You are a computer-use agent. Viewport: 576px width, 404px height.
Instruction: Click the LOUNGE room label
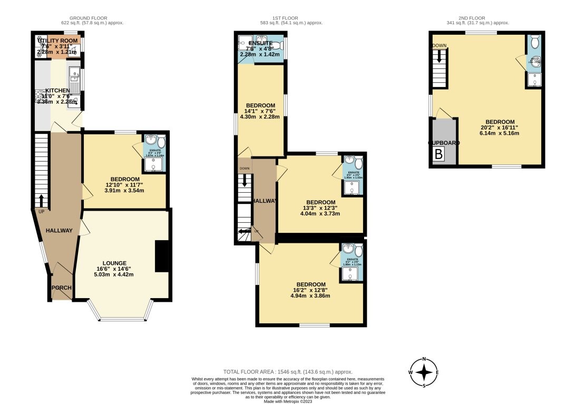[x=114, y=263]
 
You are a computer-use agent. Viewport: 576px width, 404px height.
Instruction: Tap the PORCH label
[x=61, y=288]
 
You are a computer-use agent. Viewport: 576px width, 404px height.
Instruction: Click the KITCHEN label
[x=57, y=91]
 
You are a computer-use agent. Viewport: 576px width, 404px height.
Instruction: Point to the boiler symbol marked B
[x=438, y=154]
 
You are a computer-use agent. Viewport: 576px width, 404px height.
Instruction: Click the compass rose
[x=424, y=372]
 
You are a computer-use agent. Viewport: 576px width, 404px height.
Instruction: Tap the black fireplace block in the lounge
[x=162, y=256]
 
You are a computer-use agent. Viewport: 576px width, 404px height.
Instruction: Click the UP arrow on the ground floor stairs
[x=41, y=201]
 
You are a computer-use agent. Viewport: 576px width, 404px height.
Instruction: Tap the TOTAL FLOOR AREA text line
[x=287, y=372]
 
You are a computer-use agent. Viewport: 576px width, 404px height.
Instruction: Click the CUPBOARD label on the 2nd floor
[x=443, y=143]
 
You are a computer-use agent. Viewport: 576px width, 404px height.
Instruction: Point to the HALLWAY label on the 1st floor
[x=264, y=201]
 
